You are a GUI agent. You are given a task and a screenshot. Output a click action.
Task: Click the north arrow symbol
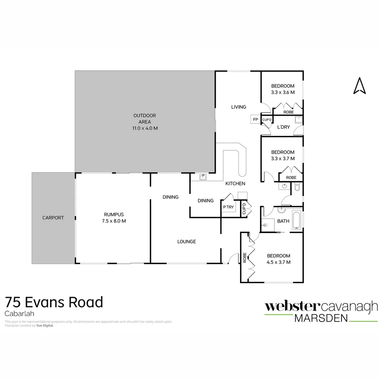click(359, 86)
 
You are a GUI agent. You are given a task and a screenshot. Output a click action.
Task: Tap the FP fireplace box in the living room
click(255, 120)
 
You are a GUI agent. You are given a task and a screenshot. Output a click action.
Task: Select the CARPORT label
click(53, 218)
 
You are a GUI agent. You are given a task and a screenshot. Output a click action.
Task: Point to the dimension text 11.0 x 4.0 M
click(145, 128)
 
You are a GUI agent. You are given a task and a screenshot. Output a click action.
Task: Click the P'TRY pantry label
click(228, 207)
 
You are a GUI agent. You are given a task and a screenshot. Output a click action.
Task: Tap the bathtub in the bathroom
click(296, 221)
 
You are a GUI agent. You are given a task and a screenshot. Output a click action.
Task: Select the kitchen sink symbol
click(203, 177)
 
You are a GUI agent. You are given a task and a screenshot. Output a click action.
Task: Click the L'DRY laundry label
click(283, 127)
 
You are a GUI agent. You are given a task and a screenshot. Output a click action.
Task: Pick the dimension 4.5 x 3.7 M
click(278, 262)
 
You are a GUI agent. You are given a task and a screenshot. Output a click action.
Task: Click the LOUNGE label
click(186, 241)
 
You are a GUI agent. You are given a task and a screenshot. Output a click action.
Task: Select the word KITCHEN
click(235, 184)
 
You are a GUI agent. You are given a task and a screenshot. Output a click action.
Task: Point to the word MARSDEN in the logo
click(321, 318)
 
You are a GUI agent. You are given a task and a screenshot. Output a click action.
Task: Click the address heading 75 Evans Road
click(54, 302)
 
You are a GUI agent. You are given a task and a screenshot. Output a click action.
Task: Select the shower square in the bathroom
click(268, 224)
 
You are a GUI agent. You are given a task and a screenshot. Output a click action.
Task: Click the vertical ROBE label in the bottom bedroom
click(245, 258)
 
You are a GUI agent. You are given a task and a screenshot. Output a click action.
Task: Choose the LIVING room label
click(239, 107)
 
